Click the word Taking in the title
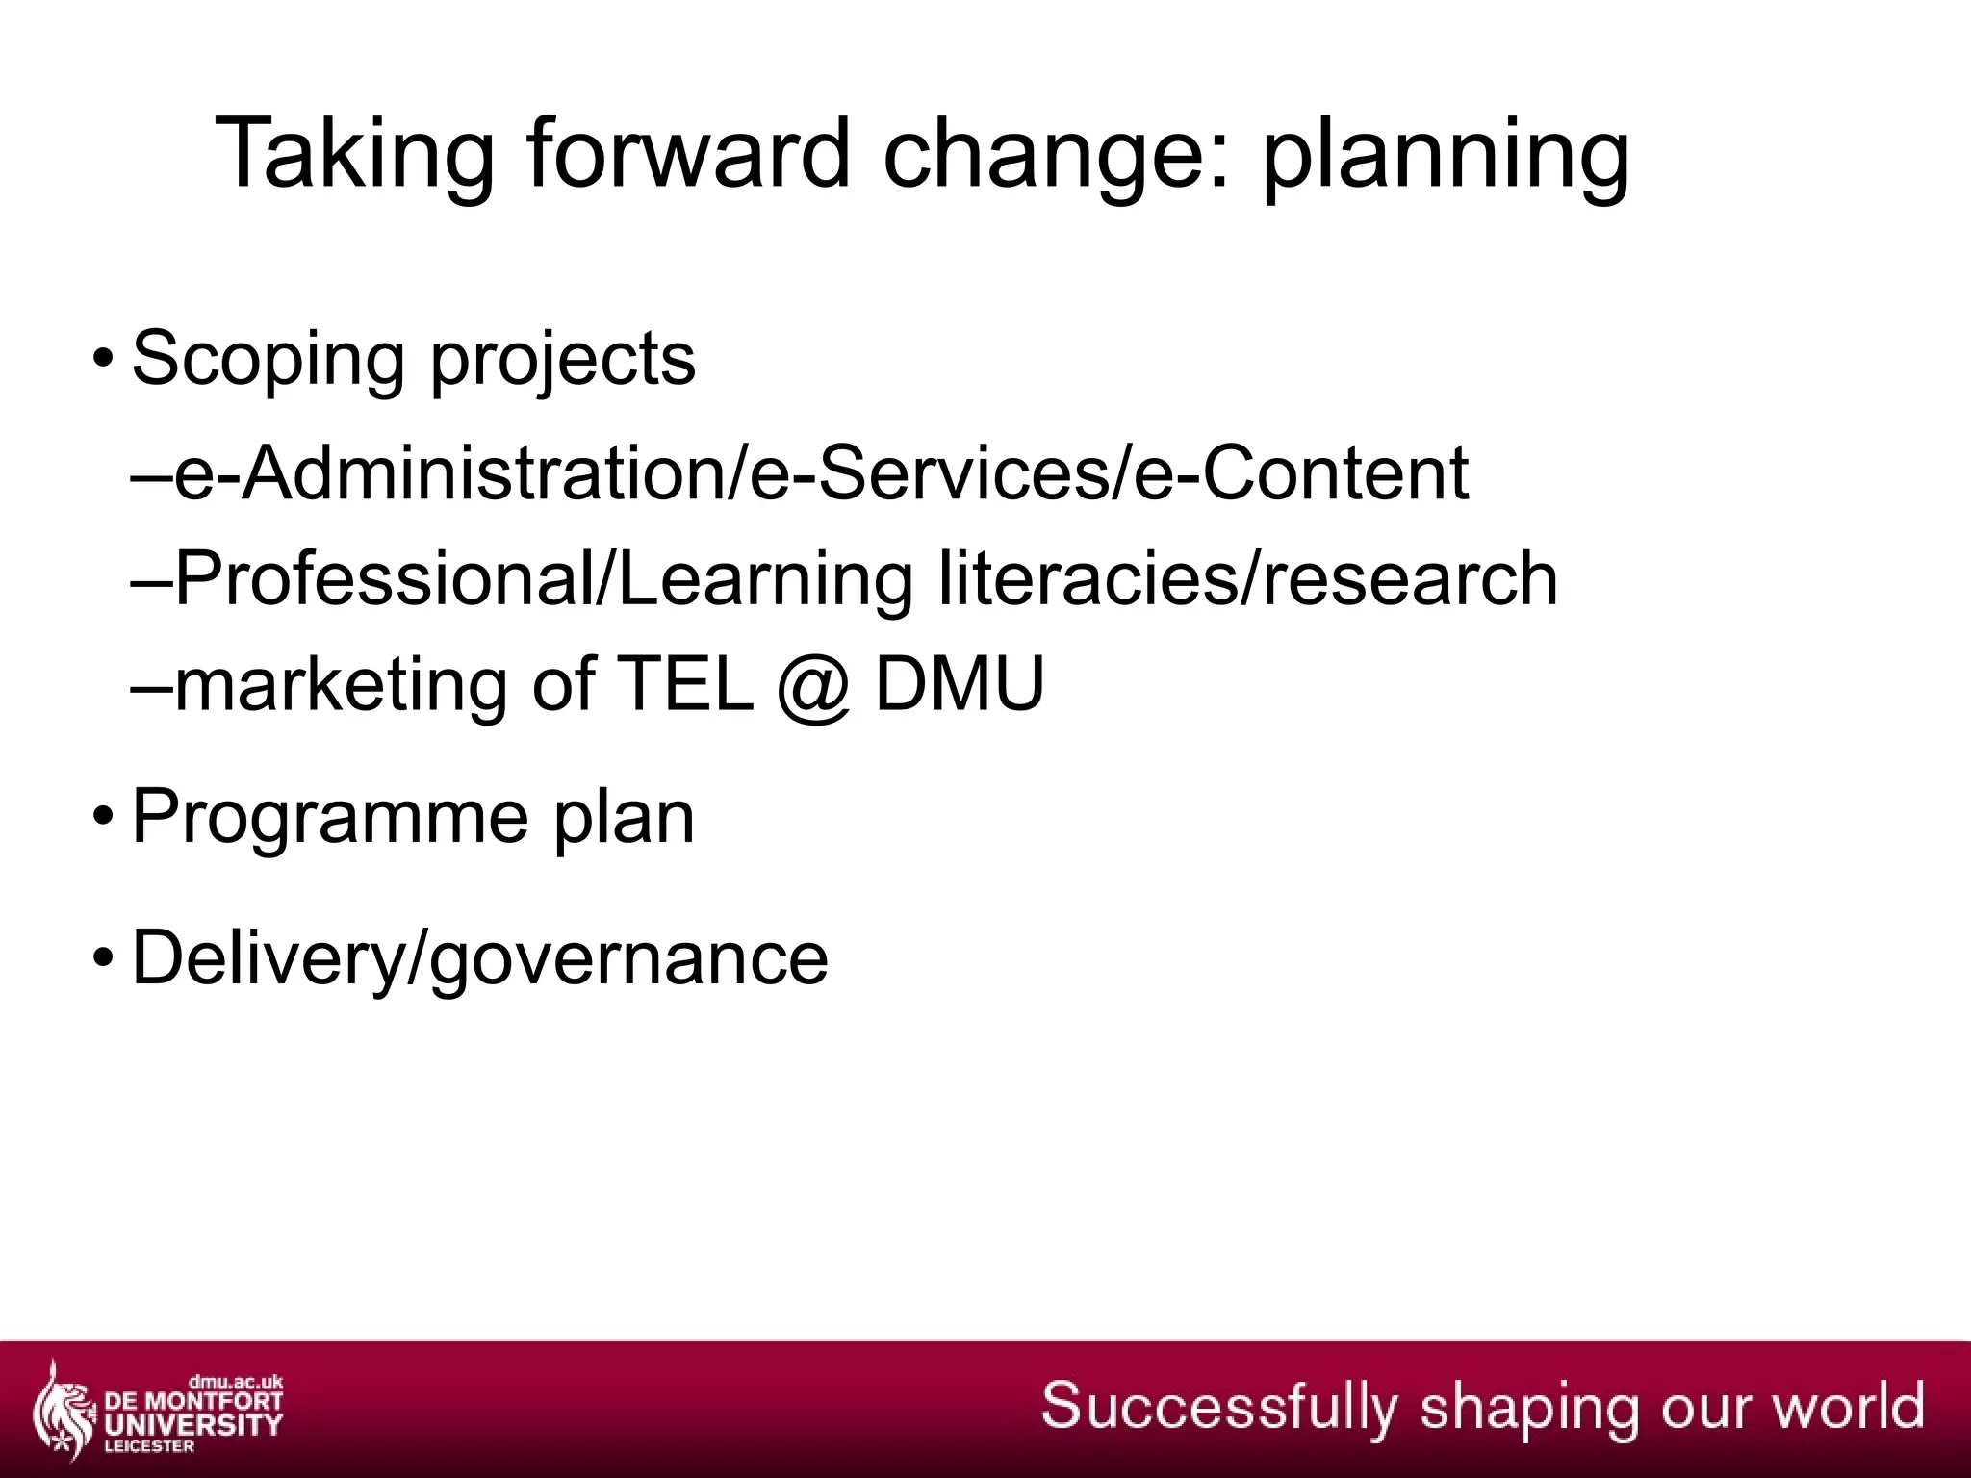(354, 154)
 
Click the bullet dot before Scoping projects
(102, 360)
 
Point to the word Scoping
(268, 360)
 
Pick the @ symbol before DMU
(814, 685)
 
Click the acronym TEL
(684, 685)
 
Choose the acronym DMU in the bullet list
(959, 685)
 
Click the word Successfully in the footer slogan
(1218, 1406)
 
